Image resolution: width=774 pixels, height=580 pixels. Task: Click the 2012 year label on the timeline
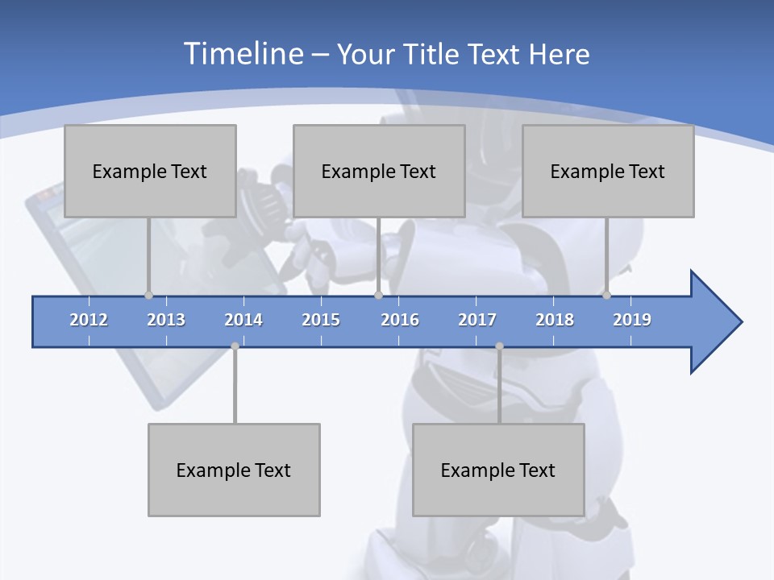(89, 320)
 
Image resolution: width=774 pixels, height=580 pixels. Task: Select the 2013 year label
(166, 320)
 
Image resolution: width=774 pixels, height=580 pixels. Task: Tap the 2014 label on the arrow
(243, 320)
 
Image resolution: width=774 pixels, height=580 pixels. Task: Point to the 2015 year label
(321, 320)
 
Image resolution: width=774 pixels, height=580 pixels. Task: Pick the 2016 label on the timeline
(400, 320)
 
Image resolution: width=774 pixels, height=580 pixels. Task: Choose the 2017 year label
(477, 320)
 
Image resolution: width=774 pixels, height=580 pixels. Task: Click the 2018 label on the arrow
(555, 320)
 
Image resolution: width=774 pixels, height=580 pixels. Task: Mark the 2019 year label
(632, 320)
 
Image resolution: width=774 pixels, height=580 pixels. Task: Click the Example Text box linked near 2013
(150, 171)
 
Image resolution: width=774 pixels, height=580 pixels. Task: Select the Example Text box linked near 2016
(379, 171)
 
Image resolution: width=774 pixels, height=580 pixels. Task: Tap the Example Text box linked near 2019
(608, 171)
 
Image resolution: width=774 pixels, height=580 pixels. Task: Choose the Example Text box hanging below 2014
(234, 470)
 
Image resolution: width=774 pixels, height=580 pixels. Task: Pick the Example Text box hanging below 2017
(498, 470)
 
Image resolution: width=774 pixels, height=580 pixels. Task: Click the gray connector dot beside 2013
(148, 295)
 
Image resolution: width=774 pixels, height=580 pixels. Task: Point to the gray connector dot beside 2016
(378, 295)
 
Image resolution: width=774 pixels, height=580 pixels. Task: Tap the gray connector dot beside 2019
(606, 295)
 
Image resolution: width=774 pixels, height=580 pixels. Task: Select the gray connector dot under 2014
(235, 346)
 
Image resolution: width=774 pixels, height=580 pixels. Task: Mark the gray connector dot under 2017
(499, 346)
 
